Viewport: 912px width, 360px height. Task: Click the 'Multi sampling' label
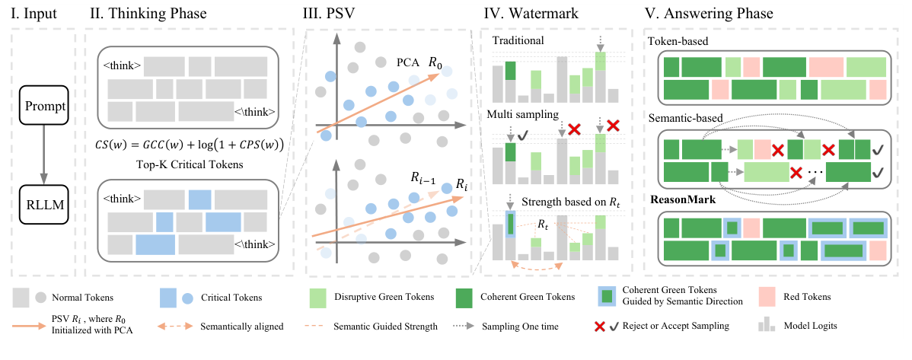click(525, 114)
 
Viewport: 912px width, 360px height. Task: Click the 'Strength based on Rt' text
click(566, 203)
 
